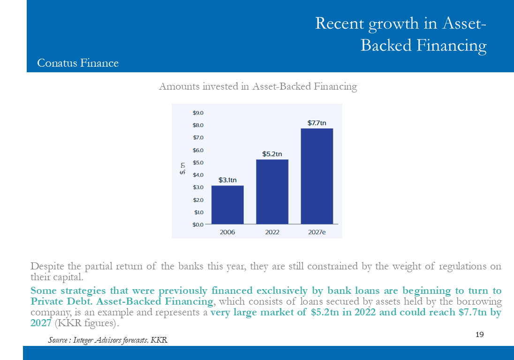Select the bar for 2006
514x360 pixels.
pyautogui.click(x=227, y=205)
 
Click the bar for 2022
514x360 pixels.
pyautogui.click(x=272, y=191)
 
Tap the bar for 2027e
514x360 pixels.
pyautogui.click(x=317, y=176)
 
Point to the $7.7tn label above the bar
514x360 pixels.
pyautogui.click(x=317, y=123)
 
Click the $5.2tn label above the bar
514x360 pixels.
pyautogui.click(x=272, y=154)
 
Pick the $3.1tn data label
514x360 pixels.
pyautogui.click(x=227, y=180)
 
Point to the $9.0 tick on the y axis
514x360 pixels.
pyautogui.click(x=198, y=113)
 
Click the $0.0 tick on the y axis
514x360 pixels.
pyautogui.click(x=198, y=225)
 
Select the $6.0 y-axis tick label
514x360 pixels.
pyautogui.click(x=198, y=150)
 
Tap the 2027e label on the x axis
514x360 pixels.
pyautogui.click(x=317, y=232)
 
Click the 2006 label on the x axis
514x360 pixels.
pyautogui.click(x=227, y=232)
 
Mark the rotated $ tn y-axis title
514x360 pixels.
pyautogui.click(x=182, y=169)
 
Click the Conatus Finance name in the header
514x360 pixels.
pyautogui.click(x=78, y=63)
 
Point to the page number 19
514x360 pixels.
pyautogui.click(x=480, y=334)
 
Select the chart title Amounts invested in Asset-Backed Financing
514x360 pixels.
pyautogui.click(x=258, y=86)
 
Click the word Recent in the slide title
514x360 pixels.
pyautogui.click(x=340, y=23)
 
